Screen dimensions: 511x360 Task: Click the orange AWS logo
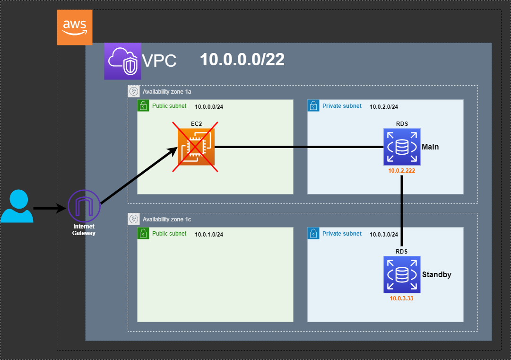(x=75, y=27)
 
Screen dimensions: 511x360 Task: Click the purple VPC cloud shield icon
(x=122, y=61)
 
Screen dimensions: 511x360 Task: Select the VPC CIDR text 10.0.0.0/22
(x=242, y=59)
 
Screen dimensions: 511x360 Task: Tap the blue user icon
(x=17, y=206)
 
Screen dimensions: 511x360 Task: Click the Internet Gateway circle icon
(x=84, y=206)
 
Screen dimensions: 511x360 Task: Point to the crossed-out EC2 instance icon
(x=196, y=147)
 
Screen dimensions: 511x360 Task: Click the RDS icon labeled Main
(x=402, y=147)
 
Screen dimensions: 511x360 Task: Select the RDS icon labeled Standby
(x=402, y=274)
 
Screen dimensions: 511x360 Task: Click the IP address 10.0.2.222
(x=401, y=171)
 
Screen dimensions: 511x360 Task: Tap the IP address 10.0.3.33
(x=401, y=299)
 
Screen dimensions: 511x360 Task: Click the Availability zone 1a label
(x=167, y=92)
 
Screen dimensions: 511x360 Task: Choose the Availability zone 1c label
(x=167, y=220)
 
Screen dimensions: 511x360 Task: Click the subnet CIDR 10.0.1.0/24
(x=209, y=235)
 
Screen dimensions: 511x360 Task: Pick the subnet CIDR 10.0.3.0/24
(x=384, y=235)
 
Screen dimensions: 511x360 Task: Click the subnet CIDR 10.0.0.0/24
(x=209, y=106)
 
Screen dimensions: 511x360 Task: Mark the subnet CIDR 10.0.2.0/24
(x=384, y=106)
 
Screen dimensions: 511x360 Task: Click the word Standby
(x=437, y=274)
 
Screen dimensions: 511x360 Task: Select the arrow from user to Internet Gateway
(x=50, y=208)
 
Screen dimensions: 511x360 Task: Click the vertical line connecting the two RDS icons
(x=402, y=211)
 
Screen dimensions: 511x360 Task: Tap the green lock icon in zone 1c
(x=143, y=233)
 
